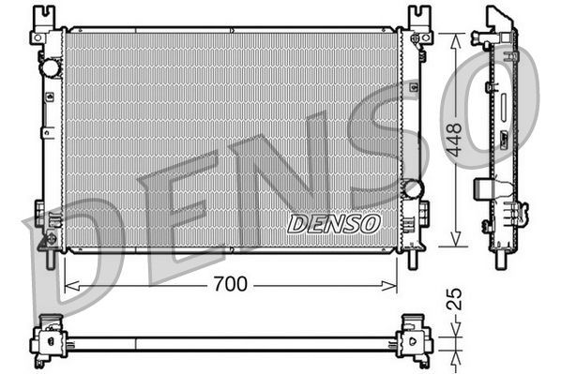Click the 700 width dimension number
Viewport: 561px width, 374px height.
[230, 284]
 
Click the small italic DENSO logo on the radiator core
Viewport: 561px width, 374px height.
[334, 224]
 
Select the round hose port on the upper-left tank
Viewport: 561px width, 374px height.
[49, 68]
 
